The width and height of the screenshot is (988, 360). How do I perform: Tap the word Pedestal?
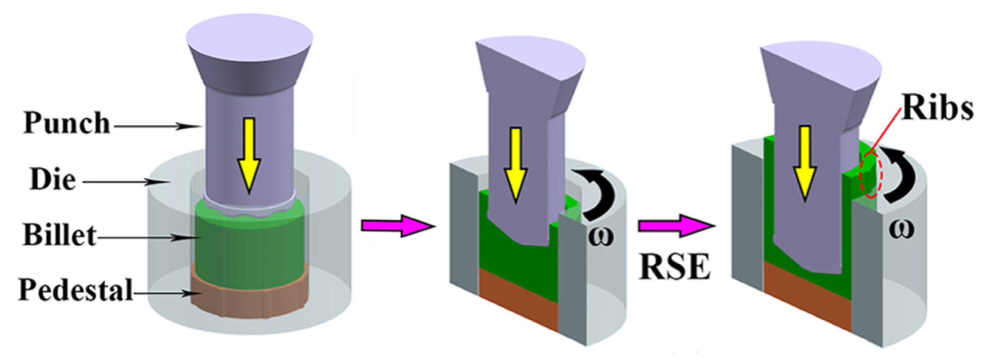(x=75, y=290)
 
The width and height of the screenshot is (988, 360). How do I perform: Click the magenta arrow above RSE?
(x=675, y=227)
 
